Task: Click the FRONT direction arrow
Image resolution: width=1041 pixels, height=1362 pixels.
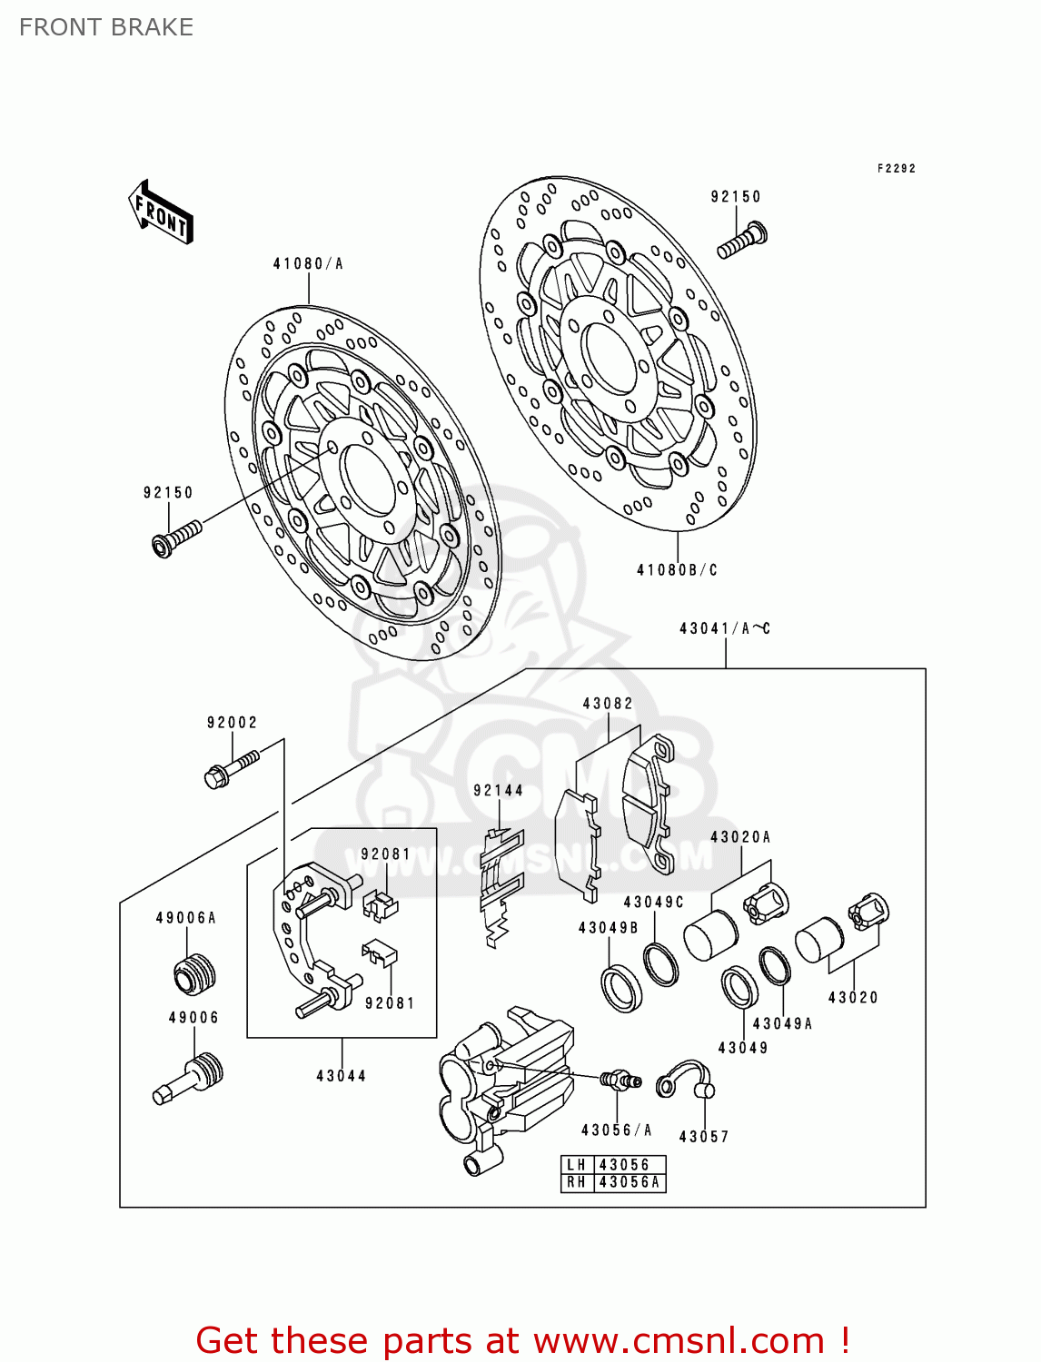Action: tap(161, 212)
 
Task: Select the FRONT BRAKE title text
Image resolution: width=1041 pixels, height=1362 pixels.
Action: tap(106, 27)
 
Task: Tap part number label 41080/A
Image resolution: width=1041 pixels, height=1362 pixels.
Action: tap(308, 264)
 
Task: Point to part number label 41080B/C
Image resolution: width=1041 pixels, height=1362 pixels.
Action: tap(677, 570)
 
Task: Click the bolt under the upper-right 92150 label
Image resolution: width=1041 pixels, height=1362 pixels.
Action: tap(742, 240)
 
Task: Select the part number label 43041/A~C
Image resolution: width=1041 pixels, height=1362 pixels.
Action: tap(725, 628)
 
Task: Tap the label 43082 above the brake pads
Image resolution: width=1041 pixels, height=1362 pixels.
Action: tap(608, 704)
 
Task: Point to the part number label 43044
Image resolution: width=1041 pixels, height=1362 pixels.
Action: tap(342, 1076)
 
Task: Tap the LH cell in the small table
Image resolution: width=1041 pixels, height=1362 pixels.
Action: tap(577, 1165)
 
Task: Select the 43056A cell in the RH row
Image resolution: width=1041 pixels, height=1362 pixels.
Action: tap(630, 1182)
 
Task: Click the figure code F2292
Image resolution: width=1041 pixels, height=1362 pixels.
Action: tap(897, 169)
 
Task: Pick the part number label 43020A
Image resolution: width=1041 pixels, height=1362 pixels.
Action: tap(740, 837)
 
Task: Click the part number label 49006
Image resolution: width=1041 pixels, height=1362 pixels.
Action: tap(193, 1018)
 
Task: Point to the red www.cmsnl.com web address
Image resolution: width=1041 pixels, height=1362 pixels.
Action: tap(679, 1340)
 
